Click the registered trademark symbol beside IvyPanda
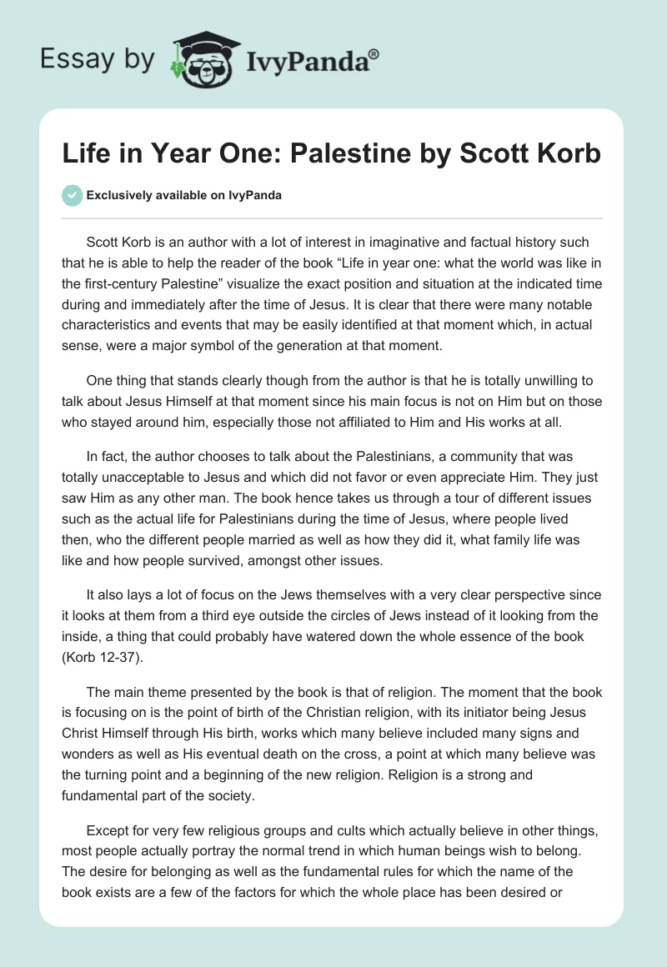[374, 53]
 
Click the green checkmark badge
[72, 196]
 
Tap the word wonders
[88, 754]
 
